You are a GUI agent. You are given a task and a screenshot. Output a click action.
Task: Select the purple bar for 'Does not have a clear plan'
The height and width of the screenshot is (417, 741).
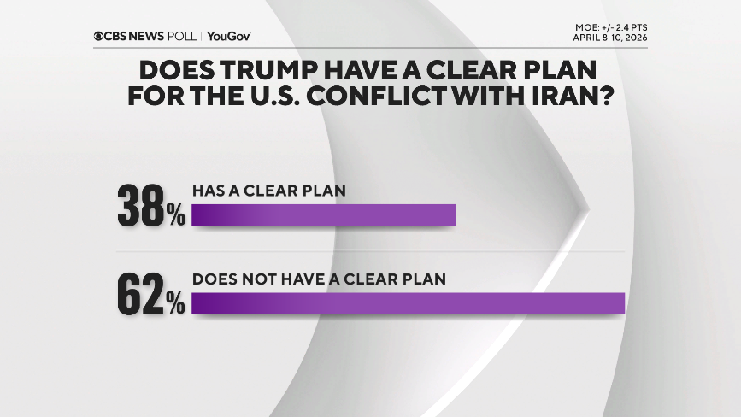coord(409,304)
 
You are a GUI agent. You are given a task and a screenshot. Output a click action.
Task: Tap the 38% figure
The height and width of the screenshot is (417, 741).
coord(150,206)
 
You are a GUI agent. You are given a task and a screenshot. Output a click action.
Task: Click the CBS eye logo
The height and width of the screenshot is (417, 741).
coord(99,36)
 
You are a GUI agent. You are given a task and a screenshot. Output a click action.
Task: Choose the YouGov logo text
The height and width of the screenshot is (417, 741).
coord(228,36)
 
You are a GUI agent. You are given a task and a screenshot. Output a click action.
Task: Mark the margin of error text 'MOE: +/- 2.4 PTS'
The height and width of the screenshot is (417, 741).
coord(611,27)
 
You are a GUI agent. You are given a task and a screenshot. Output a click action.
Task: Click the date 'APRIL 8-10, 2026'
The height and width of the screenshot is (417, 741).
coord(610,38)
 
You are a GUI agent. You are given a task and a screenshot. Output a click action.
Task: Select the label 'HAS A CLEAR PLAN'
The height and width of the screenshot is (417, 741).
coord(269,191)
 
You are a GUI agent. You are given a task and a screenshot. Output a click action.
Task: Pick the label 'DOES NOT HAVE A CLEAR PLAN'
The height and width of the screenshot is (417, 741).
coord(320,279)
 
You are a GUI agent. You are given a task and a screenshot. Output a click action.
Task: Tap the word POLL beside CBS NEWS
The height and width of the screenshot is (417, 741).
coord(182,36)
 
